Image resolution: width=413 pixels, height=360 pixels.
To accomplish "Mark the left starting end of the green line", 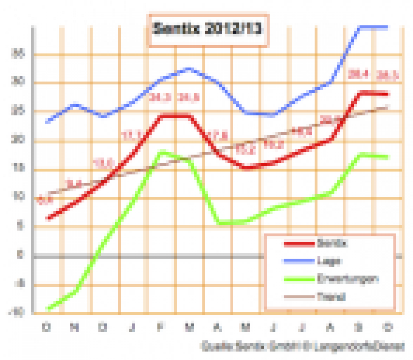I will (49, 308).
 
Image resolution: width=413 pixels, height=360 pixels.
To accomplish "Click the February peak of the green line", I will (162, 152).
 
